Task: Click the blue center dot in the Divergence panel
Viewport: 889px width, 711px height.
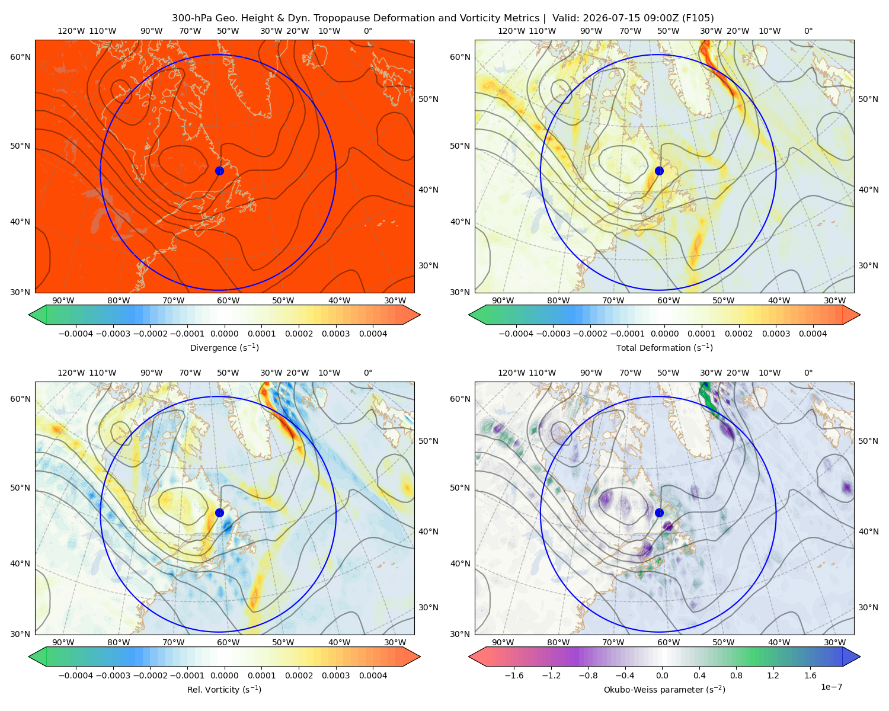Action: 219,171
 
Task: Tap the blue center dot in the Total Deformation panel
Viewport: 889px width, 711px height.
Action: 659,171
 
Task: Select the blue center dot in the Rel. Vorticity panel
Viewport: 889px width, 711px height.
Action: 219,513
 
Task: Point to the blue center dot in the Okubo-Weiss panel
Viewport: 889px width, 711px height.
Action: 659,513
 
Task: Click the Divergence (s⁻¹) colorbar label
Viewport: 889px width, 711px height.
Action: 224,347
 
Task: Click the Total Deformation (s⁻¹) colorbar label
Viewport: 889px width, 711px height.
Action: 664,347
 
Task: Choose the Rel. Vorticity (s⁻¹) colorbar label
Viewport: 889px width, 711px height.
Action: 224,689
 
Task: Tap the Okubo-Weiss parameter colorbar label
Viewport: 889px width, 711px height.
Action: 664,689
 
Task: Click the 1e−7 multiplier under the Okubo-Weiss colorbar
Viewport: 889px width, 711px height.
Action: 831,687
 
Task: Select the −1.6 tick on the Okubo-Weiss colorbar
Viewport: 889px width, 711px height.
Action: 514,675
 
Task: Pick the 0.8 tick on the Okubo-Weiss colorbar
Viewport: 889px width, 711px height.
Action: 736,675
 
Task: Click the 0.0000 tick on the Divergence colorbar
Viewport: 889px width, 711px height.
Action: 224,334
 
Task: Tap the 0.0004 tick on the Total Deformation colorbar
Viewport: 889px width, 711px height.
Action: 813,334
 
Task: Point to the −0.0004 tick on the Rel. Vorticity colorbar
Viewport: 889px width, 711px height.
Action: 76,675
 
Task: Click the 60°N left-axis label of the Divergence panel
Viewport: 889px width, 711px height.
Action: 20,57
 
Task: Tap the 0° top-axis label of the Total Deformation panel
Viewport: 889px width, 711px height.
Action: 808,31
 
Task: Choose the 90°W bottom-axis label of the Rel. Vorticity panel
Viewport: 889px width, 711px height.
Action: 63,642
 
